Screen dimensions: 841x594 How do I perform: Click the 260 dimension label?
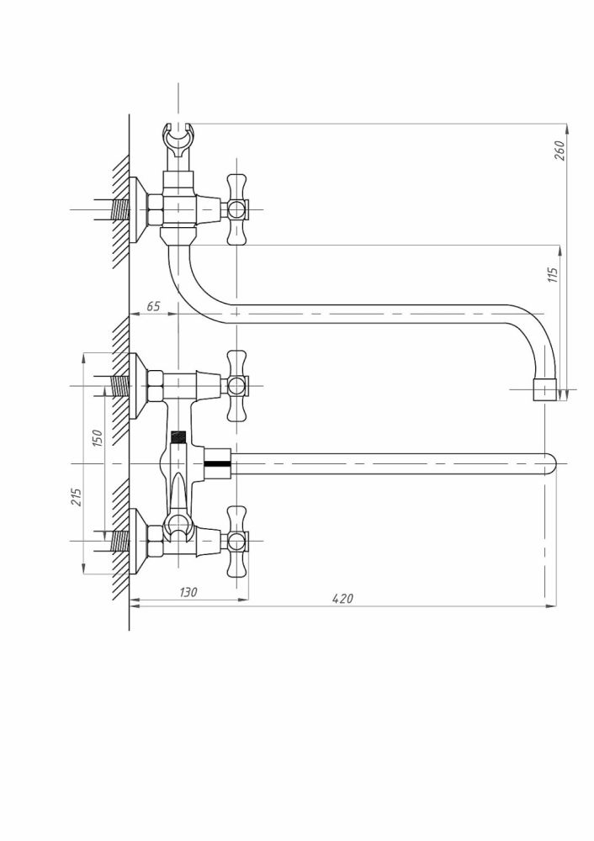point(560,150)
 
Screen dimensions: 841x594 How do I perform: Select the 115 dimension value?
point(553,275)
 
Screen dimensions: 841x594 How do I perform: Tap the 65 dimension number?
point(153,307)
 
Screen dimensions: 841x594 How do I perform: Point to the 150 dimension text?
point(97,438)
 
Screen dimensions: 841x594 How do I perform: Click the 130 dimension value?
point(188,593)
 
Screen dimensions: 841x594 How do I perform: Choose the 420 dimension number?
point(342,599)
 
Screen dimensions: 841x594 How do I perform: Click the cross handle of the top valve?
point(238,209)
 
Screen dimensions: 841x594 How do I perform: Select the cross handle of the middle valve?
point(238,385)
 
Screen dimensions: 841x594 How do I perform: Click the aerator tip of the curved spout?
point(545,390)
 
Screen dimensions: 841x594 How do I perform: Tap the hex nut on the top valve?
point(155,209)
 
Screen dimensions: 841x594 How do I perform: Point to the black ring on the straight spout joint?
point(216,463)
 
